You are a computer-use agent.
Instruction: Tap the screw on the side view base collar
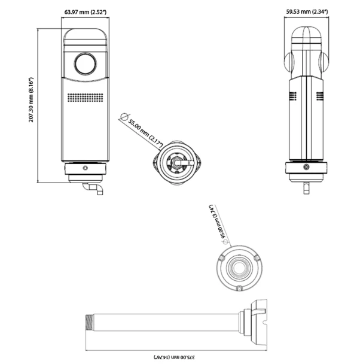click(306, 167)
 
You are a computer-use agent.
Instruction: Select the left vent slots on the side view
click(294, 96)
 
